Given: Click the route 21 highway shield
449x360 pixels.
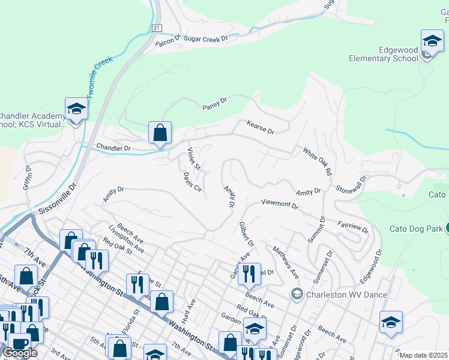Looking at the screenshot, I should coord(156,28).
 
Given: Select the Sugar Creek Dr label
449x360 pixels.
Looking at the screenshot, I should coord(206,38).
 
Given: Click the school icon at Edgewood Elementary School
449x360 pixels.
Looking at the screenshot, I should coord(432,41).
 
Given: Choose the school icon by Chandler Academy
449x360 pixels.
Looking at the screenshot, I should coord(76,109).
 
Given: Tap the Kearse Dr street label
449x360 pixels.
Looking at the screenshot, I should coord(260,127).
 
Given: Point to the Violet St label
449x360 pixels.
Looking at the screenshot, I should coord(194,158).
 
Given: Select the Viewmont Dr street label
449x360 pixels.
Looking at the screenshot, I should coord(279,204).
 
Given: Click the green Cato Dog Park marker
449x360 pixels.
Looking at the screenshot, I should coord(447,227).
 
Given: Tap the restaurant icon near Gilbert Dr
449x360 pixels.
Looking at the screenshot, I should coord(249,274).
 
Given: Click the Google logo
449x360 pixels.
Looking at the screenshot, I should coord(20,353).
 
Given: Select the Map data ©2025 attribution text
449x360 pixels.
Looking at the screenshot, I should coord(424,355).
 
